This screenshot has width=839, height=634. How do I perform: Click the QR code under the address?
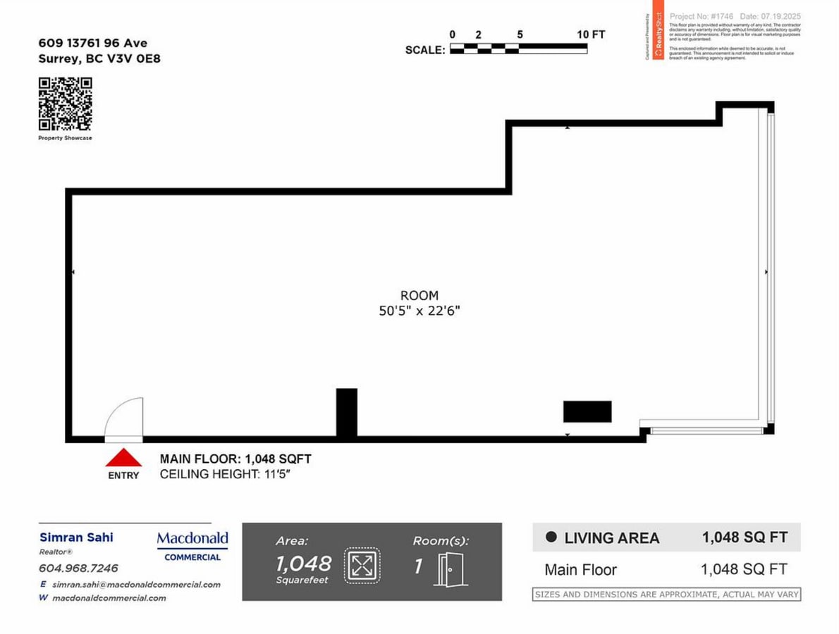click(x=65, y=104)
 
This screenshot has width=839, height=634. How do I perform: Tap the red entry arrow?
click(x=123, y=458)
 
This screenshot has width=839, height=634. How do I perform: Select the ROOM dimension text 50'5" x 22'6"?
click(x=420, y=311)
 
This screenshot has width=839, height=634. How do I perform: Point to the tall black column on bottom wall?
click(x=346, y=414)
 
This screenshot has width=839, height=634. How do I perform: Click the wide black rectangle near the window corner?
click(x=587, y=411)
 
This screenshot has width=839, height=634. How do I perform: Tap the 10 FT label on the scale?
click(x=591, y=35)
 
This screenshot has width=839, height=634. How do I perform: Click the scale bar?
click(x=518, y=49)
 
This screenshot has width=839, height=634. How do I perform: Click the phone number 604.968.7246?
click(x=78, y=568)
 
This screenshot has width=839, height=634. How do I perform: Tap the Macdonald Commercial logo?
click(x=192, y=546)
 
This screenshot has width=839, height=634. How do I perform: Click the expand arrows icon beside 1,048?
click(x=362, y=565)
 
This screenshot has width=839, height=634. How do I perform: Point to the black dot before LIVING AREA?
click(x=552, y=537)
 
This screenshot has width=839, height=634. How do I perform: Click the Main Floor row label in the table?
click(x=580, y=570)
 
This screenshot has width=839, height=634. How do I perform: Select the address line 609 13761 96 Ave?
click(x=92, y=44)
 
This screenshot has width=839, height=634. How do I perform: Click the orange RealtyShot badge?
click(x=658, y=36)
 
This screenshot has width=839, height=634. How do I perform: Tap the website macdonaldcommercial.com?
click(x=109, y=598)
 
